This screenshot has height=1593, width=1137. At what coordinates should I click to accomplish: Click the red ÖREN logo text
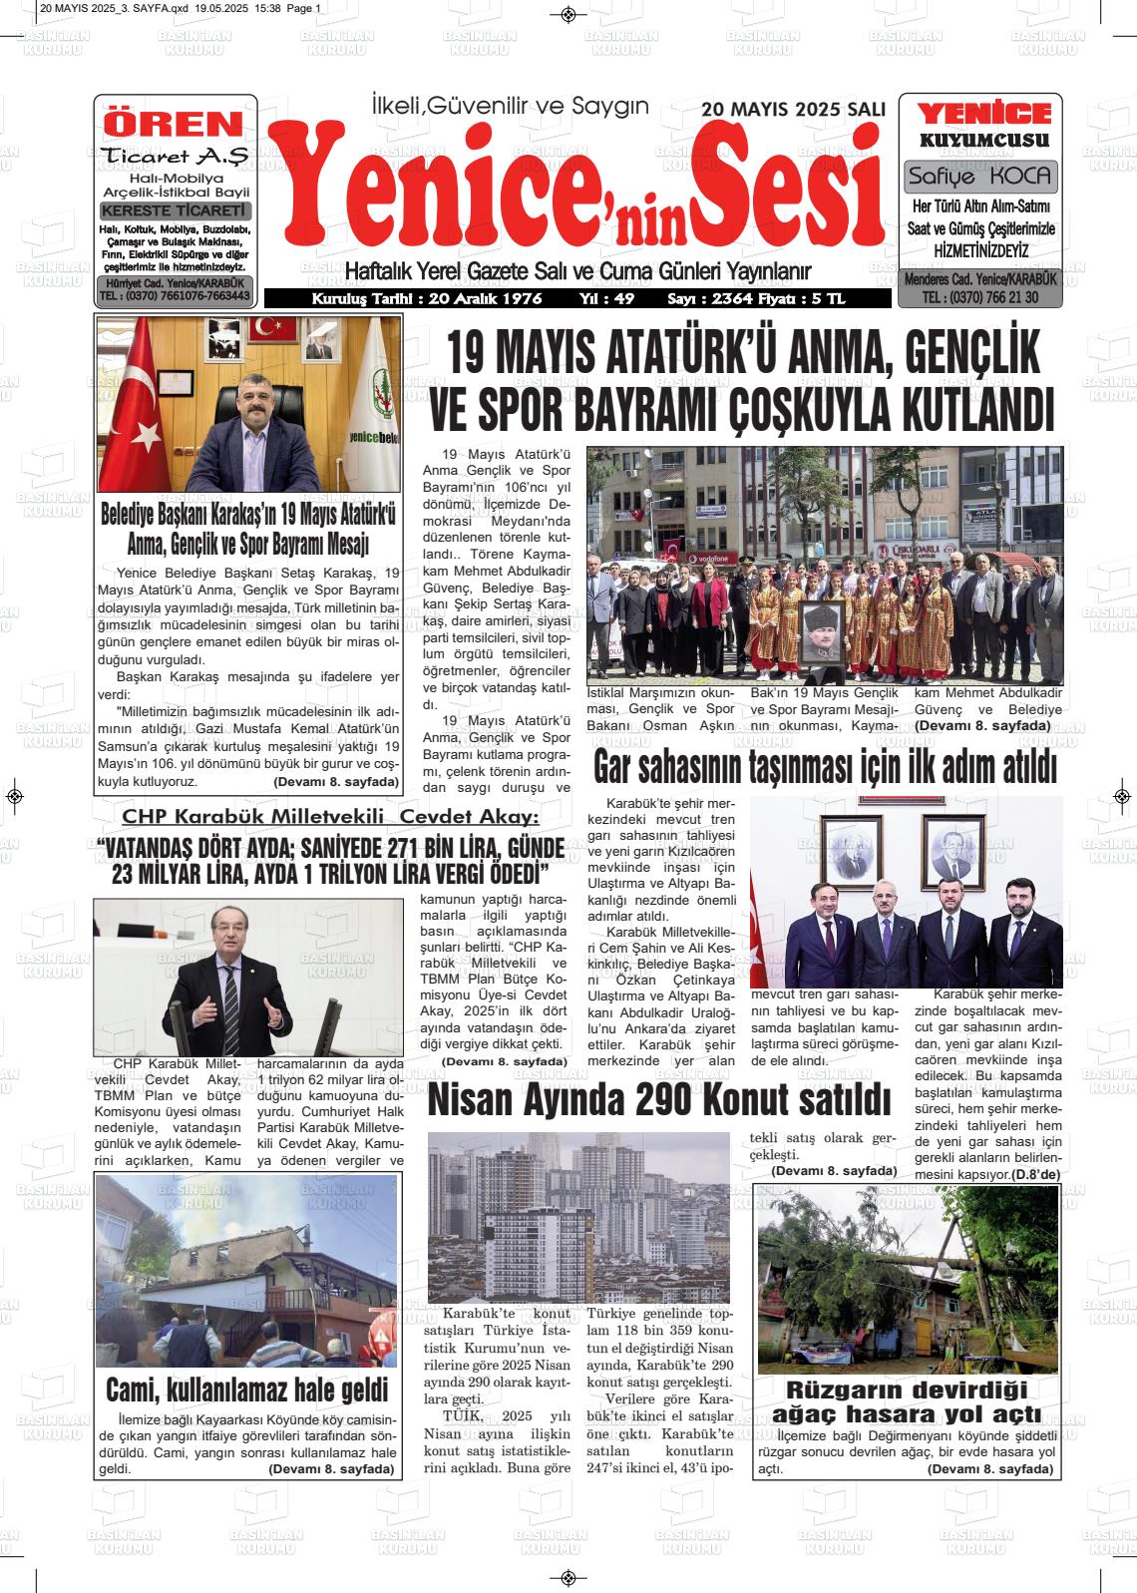[x=175, y=124]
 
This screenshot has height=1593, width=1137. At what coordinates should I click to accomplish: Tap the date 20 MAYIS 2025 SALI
[x=793, y=110]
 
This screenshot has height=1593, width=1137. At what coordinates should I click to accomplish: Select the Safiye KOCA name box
[x=980, y=178]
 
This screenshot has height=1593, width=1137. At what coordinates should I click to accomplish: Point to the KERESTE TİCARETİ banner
[x=176, y=211]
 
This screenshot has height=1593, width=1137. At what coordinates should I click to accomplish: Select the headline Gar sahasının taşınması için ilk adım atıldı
[x=824, y=769]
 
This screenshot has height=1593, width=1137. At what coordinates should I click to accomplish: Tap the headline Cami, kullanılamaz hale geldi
[x=246, y=1389]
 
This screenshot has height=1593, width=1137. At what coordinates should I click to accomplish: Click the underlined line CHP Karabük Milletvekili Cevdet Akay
[x=330, y=817]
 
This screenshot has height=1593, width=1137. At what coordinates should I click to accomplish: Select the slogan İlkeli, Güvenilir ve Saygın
[x=509, y=105]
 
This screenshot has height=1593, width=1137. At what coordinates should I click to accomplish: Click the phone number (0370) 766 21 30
[x=981, y=298]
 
